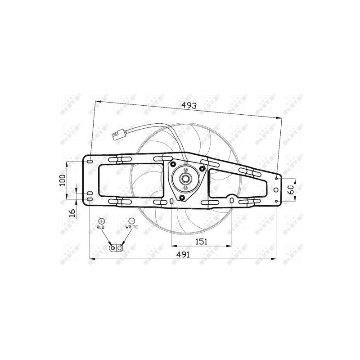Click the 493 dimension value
pyautogui.click(x=189, y=106)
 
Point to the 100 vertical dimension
pyautogui.click(x=63, y=180)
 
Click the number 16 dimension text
pyautogui.click(x=72, y=212)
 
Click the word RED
pyautogui.click(x=100, y=229)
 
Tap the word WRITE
pyautogui.click(x=132, y=229)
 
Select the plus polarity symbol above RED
pyautogui.click(x=101, y=221)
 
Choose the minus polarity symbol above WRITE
pyautogui.click(x=131, y=221)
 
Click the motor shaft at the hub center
pyautogui.click(x=184, y=178)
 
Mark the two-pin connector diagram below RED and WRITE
pyautogui.click(x=117, y=247)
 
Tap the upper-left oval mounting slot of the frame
pyautogui.click(x=90, y=161)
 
